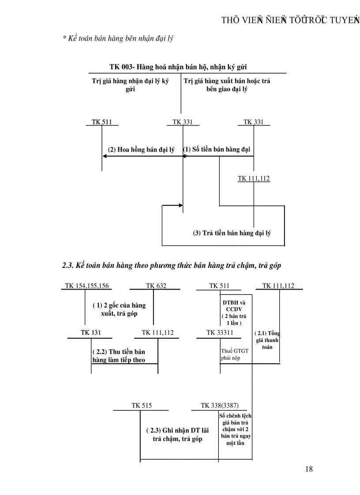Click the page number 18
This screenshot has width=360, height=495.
click(308, 469)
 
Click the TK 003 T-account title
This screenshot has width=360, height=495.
click(178, 67)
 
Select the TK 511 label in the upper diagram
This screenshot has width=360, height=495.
click(101, 122)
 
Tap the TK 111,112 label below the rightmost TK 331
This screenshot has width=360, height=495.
click(254, 179)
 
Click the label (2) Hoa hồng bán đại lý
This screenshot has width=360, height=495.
click(141, 150)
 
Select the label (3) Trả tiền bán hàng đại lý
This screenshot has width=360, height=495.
click(232, 233)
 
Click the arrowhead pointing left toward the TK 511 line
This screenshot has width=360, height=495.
click(106, 156)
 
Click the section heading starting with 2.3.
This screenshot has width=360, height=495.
click(172, 265)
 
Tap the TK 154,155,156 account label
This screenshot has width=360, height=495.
click(86, 286)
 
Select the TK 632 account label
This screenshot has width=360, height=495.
click(156, 286)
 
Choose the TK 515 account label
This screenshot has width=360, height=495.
click(141, 405)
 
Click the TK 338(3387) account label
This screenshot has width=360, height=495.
click(220, 405)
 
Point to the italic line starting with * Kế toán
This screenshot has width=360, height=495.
click(117, 38)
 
